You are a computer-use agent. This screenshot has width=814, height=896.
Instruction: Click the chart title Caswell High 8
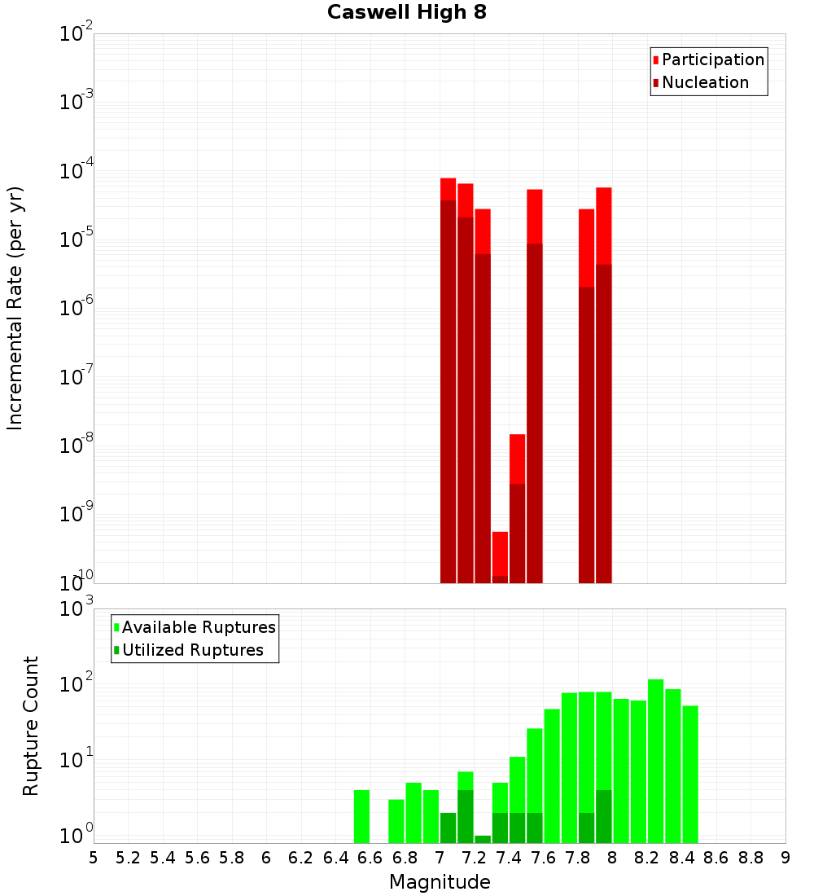click(x=406, y=13)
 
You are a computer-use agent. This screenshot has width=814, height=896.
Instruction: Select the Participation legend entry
click(x=712, y=59)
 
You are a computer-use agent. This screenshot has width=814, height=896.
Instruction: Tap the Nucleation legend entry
click(x=705, y=82)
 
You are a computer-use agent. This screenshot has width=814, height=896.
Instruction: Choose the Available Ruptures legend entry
click(x=199, y=627)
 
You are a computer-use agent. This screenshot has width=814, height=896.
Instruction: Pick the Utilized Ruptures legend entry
click(x=192, y=650)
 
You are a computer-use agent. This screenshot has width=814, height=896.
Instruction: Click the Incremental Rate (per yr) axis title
click(x=15, y=309)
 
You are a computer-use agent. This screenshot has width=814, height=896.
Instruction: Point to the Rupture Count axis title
click(x=31, y=725)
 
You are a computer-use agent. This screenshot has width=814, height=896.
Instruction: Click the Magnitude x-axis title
click(x=440, y=882)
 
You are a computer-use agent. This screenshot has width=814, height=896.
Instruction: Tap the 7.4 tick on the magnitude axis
click(x=509, y=858)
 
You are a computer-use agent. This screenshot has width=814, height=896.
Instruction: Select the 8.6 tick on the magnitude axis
click(x=716, y=858)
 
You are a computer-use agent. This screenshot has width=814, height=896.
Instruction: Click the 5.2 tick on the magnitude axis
click(x=128, y=858)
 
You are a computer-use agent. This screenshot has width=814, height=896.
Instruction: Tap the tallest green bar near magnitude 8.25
click(x=655, y=761)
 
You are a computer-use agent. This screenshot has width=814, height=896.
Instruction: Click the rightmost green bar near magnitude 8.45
click(x=690, y=774)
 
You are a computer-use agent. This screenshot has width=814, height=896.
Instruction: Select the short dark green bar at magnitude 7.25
click(x=483, y=839)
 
